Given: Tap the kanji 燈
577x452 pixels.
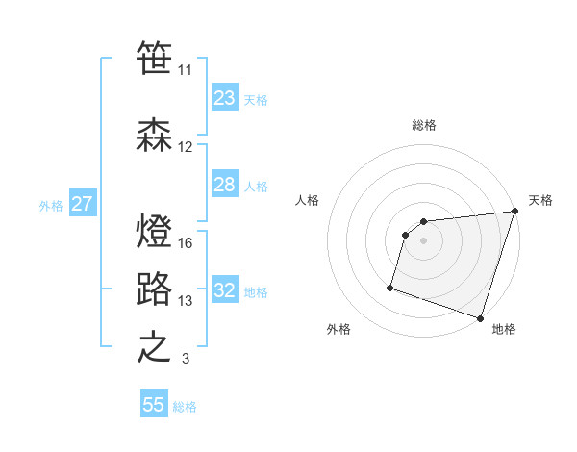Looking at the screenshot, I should pos(154,231).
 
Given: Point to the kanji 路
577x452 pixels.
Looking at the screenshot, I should pos(154,289).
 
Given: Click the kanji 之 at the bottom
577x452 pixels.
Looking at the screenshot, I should pos(154,347).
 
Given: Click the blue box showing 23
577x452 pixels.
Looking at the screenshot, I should pos(224,98).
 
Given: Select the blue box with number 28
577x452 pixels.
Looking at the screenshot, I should pos(224,185).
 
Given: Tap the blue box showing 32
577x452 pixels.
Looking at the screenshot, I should pos(224,290).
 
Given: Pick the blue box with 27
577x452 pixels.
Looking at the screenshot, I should pos(82,204).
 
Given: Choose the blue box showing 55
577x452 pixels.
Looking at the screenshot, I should pos(154,405).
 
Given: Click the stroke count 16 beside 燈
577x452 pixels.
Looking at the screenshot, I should pos(186,242).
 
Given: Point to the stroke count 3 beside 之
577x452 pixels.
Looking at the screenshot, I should pos(186,359).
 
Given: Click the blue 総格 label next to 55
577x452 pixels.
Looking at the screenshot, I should pos(185,407).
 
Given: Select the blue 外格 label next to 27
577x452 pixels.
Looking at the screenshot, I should pos(50,205).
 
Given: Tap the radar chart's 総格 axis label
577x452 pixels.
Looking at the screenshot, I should pos(423,125).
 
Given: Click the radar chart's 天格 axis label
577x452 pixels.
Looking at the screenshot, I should pos(540,200).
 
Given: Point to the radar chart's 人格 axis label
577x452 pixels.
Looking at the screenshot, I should pos(308,200).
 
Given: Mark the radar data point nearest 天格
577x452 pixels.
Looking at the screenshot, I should pos(514,212).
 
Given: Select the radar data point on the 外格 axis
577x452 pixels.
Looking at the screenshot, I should pos(390,287).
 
